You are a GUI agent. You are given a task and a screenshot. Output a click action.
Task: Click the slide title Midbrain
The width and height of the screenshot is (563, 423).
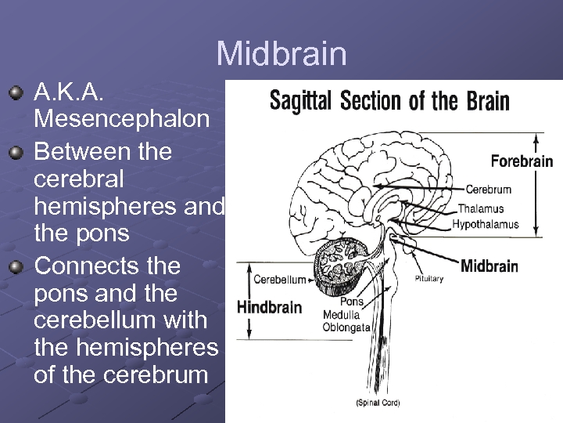[x=281, y=54]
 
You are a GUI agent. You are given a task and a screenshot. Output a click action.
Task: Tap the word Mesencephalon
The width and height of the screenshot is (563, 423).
[x=122, y=119]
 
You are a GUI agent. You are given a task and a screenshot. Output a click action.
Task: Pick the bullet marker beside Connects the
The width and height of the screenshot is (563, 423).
[x=16, y=266]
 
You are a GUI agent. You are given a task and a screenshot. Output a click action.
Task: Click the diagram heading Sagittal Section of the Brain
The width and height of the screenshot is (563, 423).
[x=389, y=101]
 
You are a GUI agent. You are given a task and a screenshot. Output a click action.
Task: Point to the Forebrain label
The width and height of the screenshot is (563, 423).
[x=522, y=162]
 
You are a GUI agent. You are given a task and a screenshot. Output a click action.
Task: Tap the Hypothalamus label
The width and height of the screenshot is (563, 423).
[x=485, y=224]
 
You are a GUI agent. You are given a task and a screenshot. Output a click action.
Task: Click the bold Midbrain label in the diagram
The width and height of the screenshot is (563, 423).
[x=489, y=266]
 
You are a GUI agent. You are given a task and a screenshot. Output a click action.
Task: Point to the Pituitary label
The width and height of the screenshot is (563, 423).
[x=429, y=279]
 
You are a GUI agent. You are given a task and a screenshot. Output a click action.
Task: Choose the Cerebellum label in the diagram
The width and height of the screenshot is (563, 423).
[x=279, y=280]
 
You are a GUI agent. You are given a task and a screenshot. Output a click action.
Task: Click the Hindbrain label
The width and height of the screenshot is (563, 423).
[x=269, y=307]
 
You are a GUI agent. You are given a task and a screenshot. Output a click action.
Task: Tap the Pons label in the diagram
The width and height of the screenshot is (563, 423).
[x=352, y=302]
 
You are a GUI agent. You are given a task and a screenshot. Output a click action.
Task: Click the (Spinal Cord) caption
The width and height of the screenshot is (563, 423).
[x=378, y=403]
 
